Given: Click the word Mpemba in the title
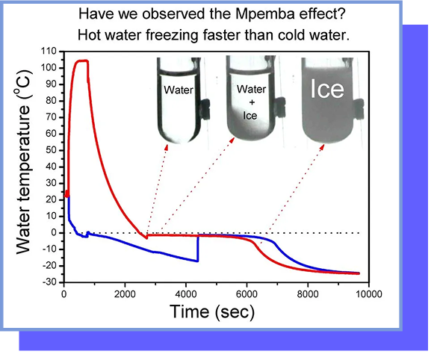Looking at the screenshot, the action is pos(264,14).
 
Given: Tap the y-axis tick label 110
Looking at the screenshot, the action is pos(49,52).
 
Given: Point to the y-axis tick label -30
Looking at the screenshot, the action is pos(49,282).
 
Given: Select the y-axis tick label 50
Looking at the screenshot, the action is pos(52,150).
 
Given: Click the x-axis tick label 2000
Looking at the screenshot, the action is pos(125,294).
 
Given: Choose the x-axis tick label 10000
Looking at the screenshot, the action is pos(369,294).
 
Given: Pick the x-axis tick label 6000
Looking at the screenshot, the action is pos(247,294).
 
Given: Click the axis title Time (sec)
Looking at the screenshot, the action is pos(212,311).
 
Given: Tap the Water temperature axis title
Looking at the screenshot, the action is pos(23,161).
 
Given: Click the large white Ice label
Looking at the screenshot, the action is pos(327,89).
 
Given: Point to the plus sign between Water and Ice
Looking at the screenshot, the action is pos(252,102).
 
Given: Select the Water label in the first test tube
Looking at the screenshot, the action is pos(179,90).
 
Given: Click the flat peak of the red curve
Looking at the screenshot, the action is pos(81,60).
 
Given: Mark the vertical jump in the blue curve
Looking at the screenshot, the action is pos(198,249).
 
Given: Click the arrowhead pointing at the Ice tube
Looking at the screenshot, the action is pos(322,147).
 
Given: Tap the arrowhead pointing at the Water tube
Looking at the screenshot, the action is pos(166,148).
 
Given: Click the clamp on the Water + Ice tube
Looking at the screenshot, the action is pos(279,108).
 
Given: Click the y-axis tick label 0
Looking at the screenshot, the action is pos(54,233).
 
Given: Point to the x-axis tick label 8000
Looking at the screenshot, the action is pos(308,294).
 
